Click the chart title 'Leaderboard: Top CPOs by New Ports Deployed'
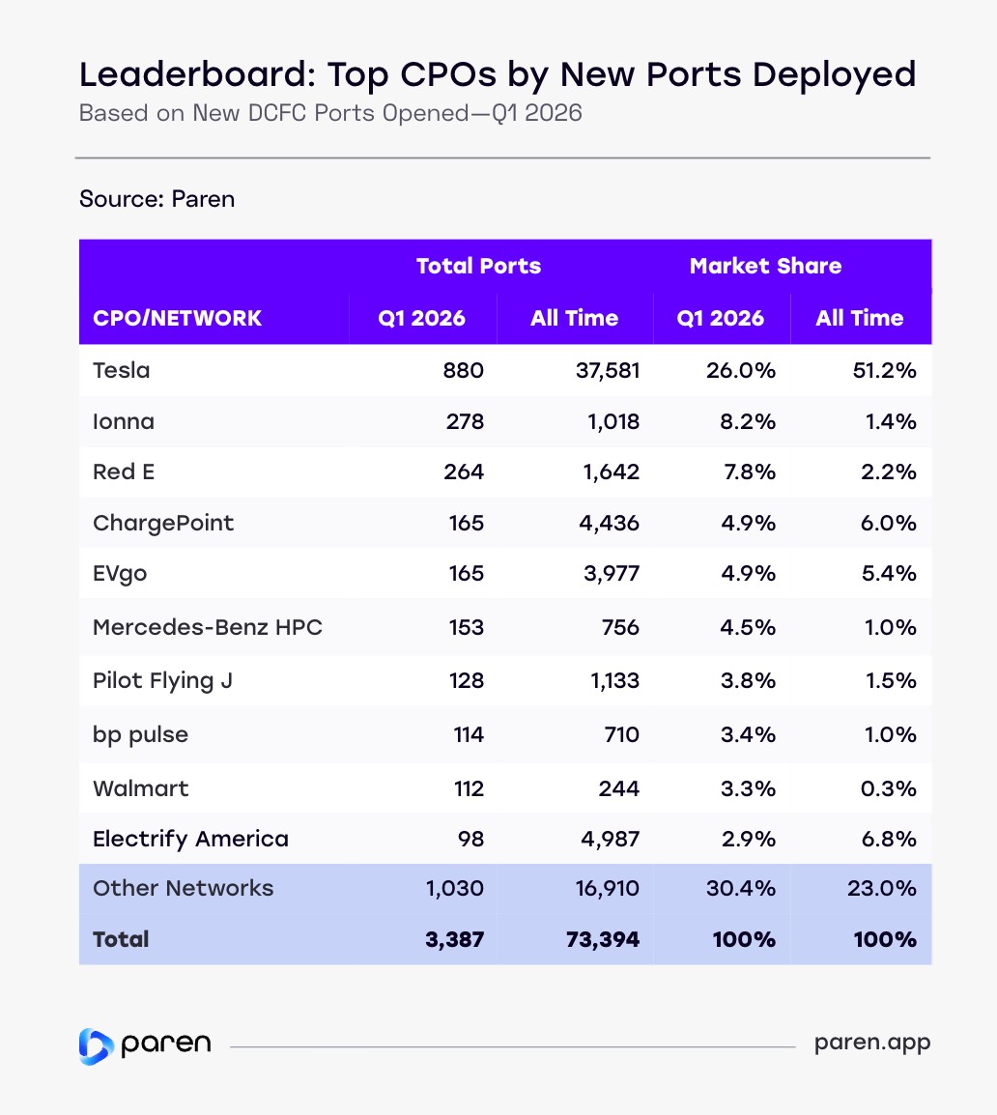(497, 74)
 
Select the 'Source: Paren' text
(157, 199)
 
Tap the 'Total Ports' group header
(478, 266)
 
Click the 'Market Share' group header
(765, 266)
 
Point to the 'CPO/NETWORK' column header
(177, 318)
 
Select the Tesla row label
(122, 370)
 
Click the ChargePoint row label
(163, 523)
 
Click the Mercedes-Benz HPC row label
(208, 627)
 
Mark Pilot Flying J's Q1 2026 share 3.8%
(750, 680)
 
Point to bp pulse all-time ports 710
(618, 734)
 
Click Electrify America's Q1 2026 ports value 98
(470, 839)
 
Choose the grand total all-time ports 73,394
(600, 938)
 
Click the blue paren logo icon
(96, 1046)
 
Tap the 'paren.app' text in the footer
(872, 1044)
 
